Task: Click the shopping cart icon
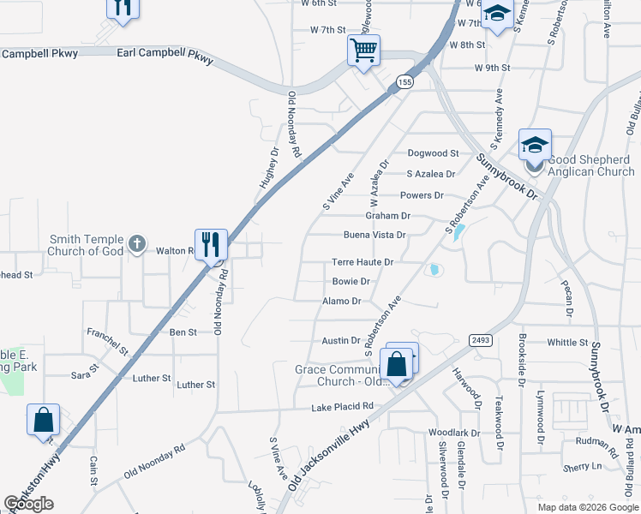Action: (x=363, y=51)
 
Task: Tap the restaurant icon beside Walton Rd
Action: (x=211, y=245)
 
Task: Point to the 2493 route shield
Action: (x=481, y=340)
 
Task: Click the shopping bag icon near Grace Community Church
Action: (x=398, y=363)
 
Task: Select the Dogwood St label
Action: (x=434, y=153)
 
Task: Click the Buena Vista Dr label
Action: (x=374, y=235)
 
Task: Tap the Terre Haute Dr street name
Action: (x=362, y=262)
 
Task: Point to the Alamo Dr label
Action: (x=342, y=302)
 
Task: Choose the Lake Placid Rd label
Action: (x=343, y=406)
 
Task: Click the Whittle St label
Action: (x=567, y=342)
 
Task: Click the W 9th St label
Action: (x=492, y=67)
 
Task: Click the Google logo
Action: (x=29, y=504)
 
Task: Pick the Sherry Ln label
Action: (x=583, y=467)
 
